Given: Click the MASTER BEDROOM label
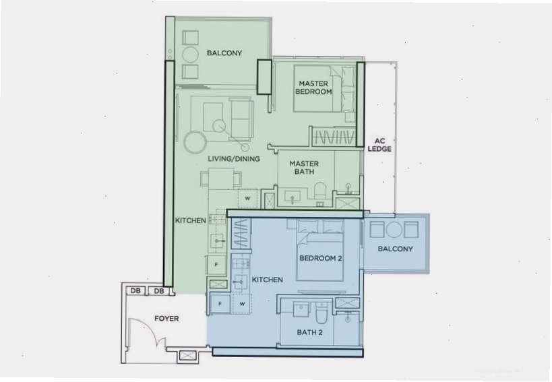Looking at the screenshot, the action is tap(313, 88).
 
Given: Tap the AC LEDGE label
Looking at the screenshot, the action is tap(379, 145).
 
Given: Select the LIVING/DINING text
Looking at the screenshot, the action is tap(234, 158).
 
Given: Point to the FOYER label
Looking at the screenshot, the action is tap(166, 318).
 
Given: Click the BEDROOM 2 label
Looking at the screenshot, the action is tap(320, 258).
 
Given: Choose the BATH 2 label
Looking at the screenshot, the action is tap(309, 332).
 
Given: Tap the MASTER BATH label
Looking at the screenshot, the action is tap(304, 168).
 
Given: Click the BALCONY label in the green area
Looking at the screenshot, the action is tap(224, 53).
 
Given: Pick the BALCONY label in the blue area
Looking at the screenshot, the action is tap(395, 249).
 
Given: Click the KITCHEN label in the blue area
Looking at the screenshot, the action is tap(267, 280).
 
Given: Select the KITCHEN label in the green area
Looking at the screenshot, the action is tap(191, 220).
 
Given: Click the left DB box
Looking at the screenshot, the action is tap(135, 291).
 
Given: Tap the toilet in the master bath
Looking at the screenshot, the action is tap(321, 191).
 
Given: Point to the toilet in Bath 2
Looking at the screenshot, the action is tap(321, 313).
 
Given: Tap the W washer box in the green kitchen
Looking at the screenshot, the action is tap(247, 198).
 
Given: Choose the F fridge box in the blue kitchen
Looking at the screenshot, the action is tap(220, 304).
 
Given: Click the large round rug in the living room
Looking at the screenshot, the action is tap(195, 141).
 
